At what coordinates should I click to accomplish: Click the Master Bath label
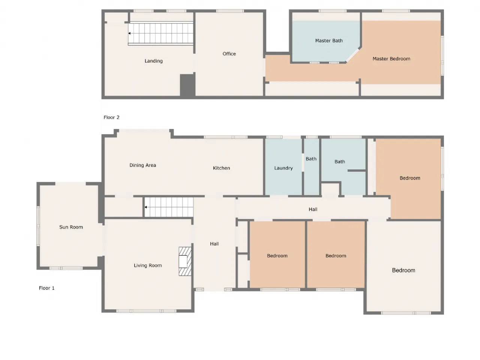coord(328,40)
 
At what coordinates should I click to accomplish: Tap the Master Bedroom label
coord(391,58)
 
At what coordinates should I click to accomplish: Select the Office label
coord(229,54)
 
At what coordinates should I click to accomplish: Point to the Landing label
coord(153,61)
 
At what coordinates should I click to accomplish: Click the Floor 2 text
coord(111,117)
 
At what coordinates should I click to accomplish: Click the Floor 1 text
coord(46,288)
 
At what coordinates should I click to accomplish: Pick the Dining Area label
coord(142,165)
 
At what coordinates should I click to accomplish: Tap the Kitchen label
coord(221,168)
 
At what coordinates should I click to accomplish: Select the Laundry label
coord(283,168)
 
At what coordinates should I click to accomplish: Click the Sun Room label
coord(71,227)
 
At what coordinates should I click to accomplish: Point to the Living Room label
coord(148,265)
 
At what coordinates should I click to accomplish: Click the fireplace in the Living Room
coord(185,261)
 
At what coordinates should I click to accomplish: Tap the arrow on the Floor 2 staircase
coord(129,33)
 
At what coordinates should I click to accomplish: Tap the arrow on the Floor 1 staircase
coord(145,207)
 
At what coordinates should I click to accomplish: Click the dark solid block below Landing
coord(187,85)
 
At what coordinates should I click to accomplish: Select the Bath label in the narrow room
coord(311,159)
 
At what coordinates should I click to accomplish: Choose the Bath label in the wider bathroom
coord(340,162)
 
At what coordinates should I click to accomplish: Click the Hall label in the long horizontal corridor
coord(313,209)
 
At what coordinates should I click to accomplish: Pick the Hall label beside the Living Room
coord(214,244)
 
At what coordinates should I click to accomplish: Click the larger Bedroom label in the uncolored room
coord(403,270)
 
